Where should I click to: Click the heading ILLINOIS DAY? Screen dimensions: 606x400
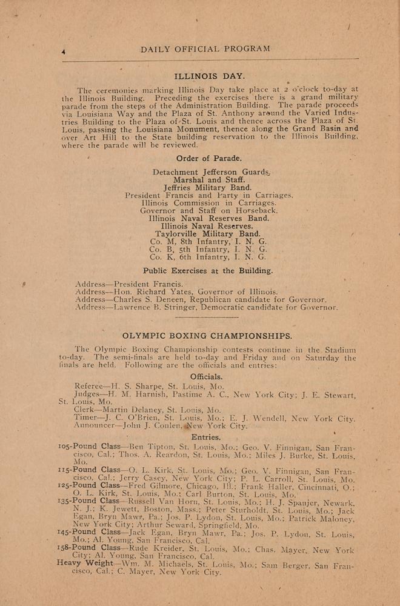201,76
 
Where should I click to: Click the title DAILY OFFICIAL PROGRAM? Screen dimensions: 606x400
205,49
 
